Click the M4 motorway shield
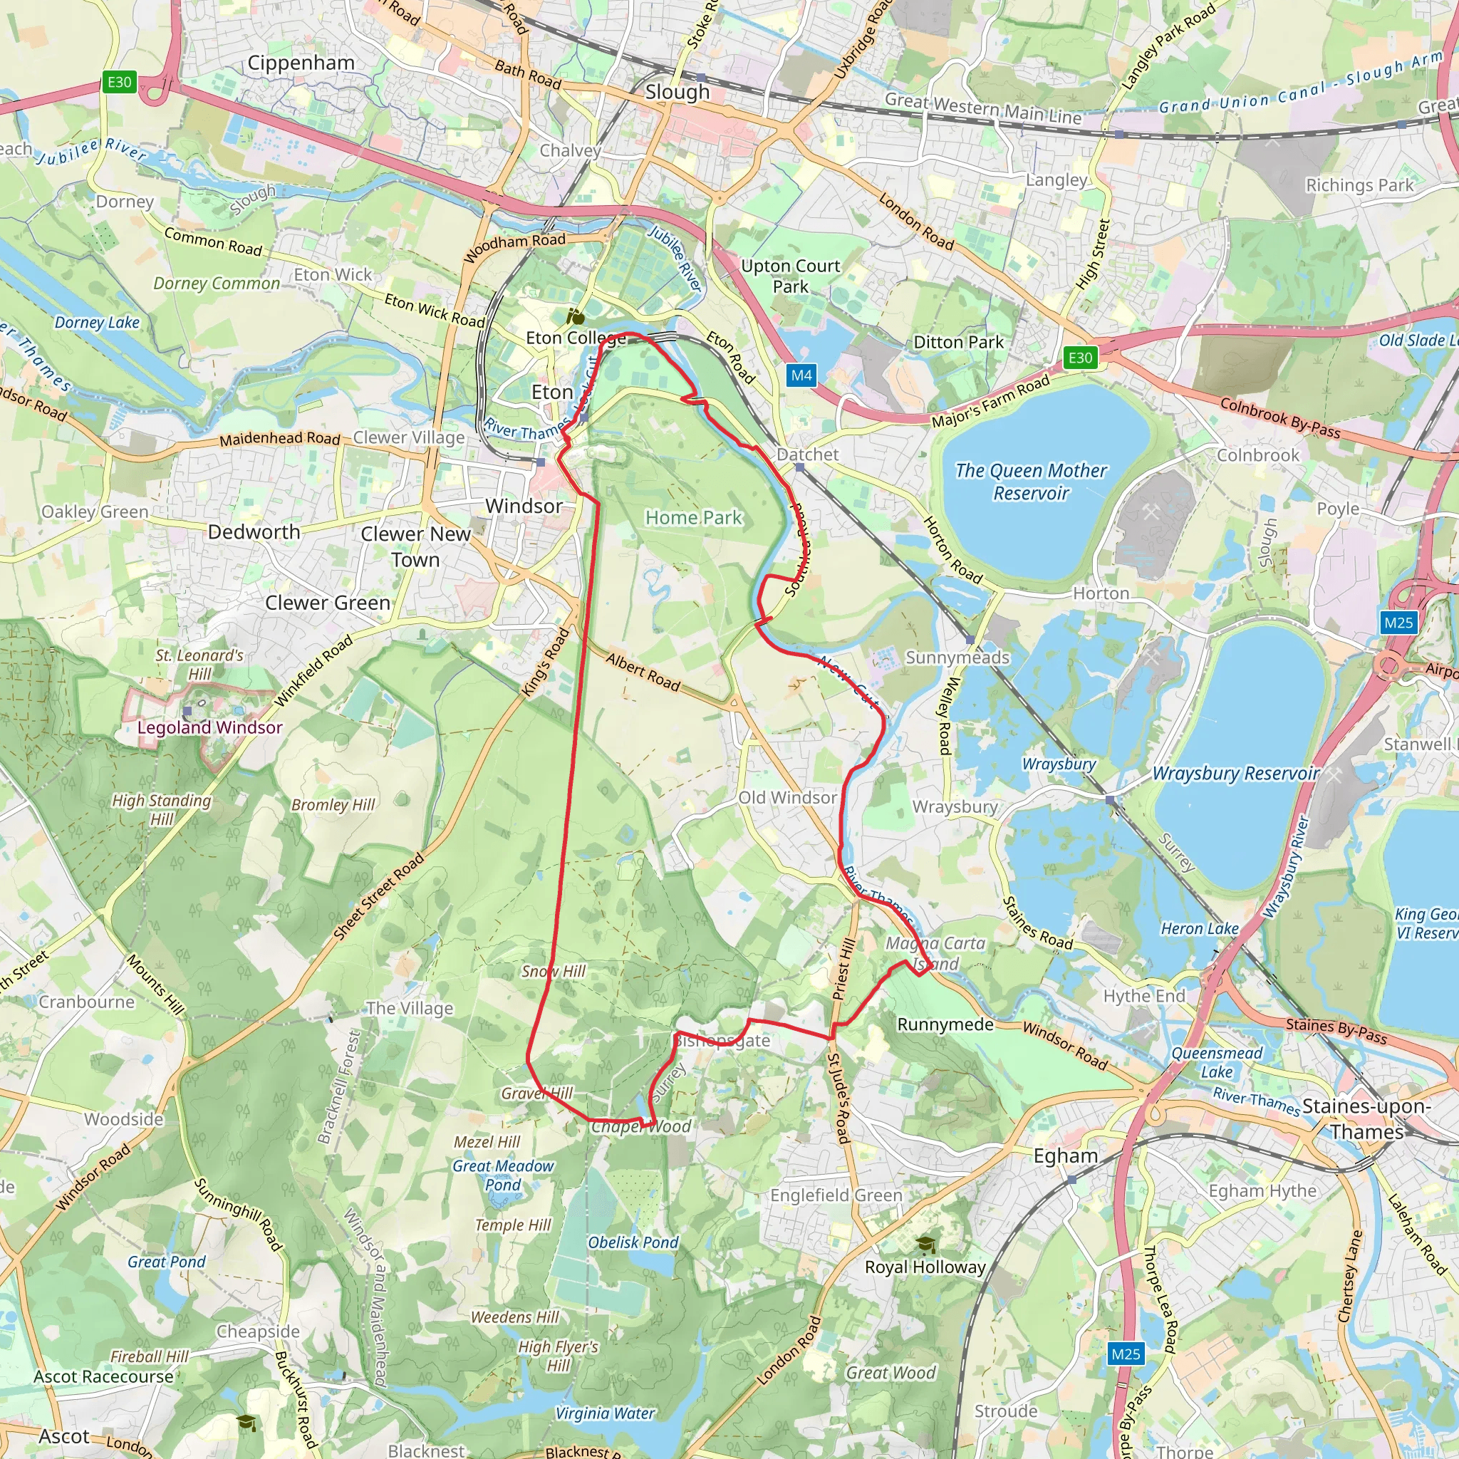pos(801,375)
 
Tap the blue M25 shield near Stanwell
pos(1398,622)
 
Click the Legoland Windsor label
pos(210,727)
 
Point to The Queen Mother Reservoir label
pos(1031,482)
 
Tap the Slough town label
pos(677,92)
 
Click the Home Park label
pos(693,517)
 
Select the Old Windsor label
pos(787,797)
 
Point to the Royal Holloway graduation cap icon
pos(925,1244)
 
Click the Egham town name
pos(1066,1156)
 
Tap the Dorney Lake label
pos(97,323)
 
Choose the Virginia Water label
pos(605,1413)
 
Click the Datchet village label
pos(807,455)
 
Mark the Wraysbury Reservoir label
pos(1235,773)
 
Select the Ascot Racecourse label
pos(103,1376)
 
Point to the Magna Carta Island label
pos(935,953)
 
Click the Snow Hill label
pos(554,971)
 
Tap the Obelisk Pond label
pos(633,1242)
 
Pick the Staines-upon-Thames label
pos(1366,1119)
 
